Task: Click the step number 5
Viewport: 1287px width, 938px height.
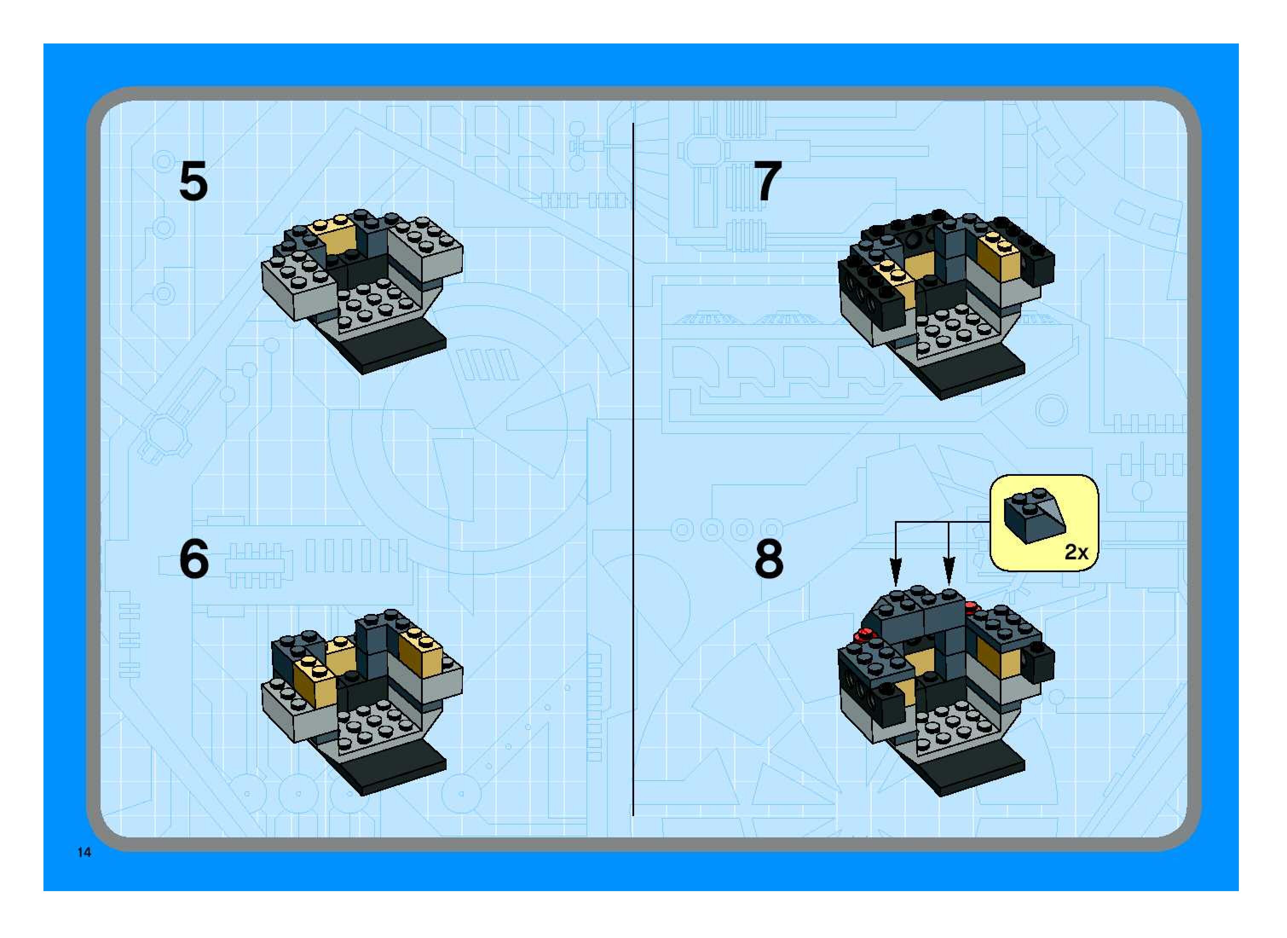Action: point(193,182)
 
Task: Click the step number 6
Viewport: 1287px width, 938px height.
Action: point(193,559)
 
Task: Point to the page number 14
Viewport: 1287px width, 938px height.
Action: point(84,852)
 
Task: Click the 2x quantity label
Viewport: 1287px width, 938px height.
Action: point(1076,551)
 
